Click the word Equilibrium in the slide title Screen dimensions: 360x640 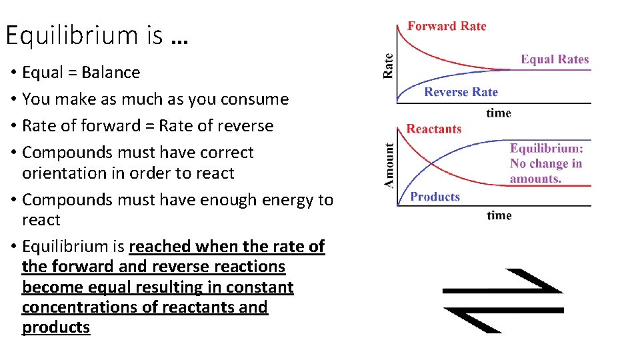(72, 35)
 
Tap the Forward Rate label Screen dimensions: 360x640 (447, 26)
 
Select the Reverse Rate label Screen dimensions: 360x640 (461, 92)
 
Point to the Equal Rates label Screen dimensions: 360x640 (555, 59)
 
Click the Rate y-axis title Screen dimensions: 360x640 (389, 66)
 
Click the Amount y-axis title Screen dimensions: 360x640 (389, 165)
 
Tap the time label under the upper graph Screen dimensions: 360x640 (499, 113)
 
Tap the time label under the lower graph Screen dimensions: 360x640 (499, 215)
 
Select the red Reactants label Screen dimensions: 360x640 (433, 129)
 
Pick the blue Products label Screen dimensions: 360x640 (435, 197)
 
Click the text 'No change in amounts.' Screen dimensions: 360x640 (545, 171)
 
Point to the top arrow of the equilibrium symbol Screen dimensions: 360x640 (503, 283)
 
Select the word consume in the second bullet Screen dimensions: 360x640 (258, 99)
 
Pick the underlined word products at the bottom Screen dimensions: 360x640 (56, 327)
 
